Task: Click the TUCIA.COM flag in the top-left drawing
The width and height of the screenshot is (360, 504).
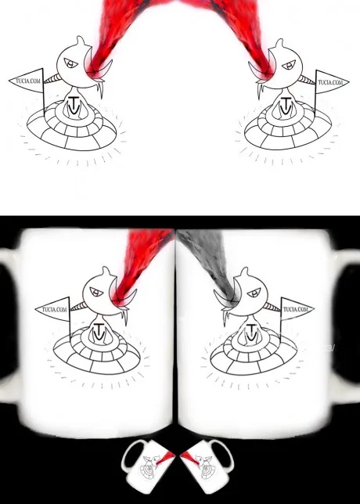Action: [27, 81]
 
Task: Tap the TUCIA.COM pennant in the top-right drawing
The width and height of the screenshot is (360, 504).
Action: [330, 82]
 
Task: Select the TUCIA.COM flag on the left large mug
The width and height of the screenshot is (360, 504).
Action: [54, 309]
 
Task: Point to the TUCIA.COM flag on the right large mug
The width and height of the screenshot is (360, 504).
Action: [297, 309]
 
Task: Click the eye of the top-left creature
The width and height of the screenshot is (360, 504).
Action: [70, 63]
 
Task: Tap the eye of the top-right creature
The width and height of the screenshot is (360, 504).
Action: [289, 65]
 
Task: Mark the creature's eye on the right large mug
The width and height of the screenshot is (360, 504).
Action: [254, 293]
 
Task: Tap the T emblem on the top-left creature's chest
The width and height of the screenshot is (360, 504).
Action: [74, 106]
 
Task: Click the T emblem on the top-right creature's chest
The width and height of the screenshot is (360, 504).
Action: [286, 106]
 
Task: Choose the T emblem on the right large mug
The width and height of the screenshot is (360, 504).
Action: [250, 333]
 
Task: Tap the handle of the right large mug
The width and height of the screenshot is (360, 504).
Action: [349, 325]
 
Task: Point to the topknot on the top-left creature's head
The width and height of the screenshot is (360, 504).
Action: [81, 41]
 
